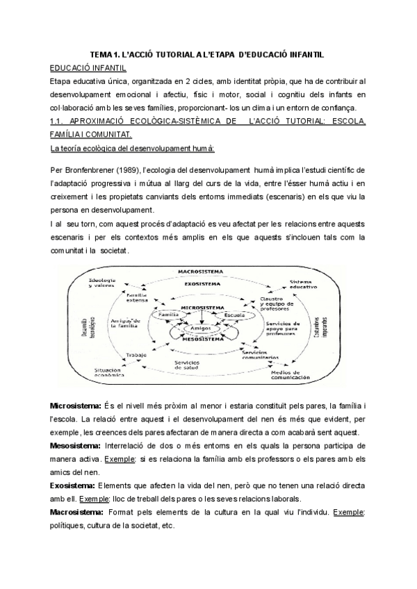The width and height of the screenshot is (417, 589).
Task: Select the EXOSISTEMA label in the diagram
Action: click(207, 283)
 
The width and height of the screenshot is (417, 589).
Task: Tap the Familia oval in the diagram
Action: click(170, 315)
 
